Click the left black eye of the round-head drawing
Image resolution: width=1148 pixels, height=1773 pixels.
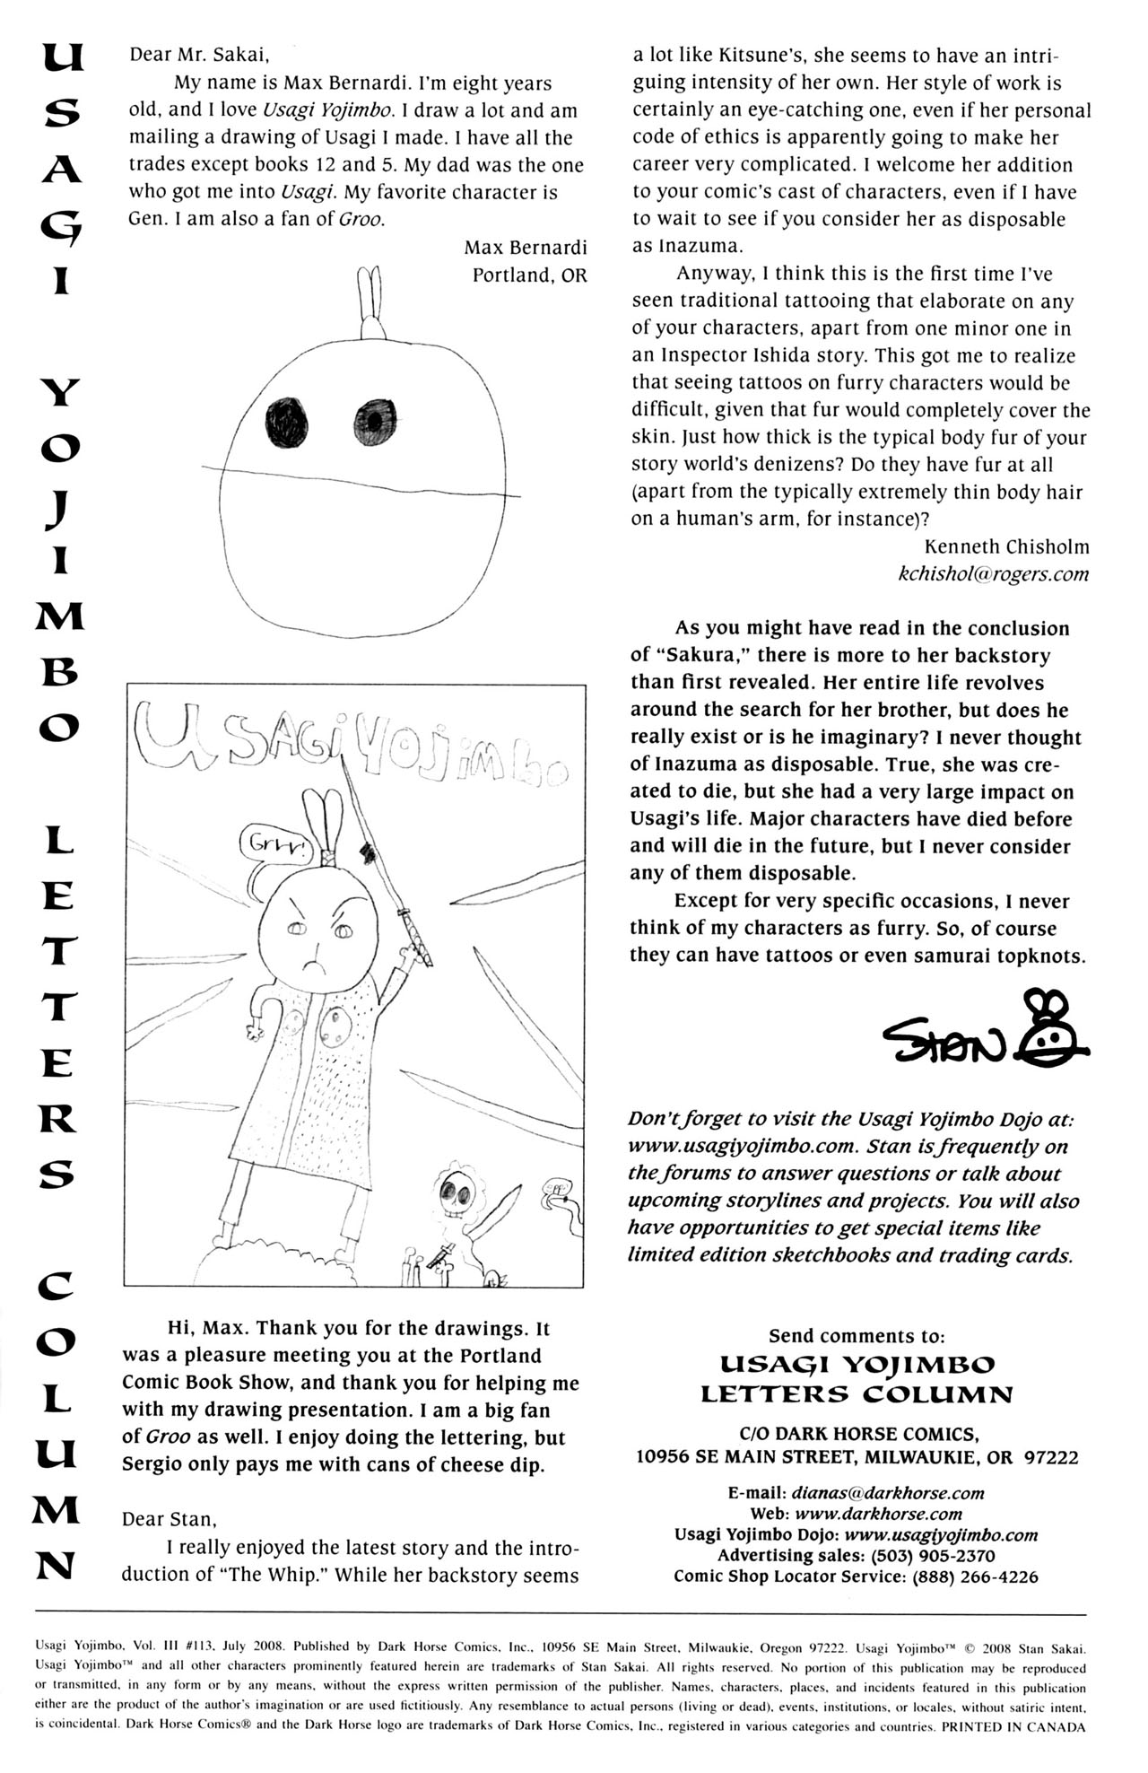pos(287,422)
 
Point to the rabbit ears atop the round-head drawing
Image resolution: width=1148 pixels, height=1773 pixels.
pos(370,301)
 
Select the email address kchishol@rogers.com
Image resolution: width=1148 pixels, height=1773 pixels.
pos(993,574)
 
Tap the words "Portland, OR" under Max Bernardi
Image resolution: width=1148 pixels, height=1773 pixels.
pos(529,275)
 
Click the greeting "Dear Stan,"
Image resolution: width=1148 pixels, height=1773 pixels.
pos(170,1519)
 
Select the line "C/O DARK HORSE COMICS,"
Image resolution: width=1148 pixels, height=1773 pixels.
pos(857,1434)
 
